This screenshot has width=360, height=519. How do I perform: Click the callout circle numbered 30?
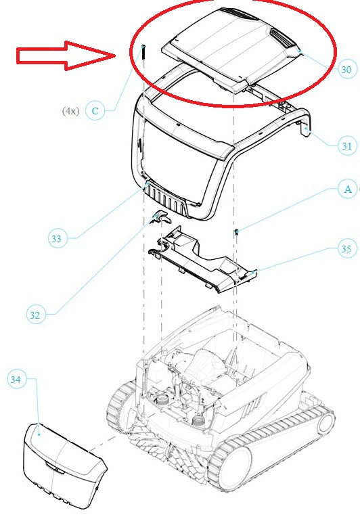point(346,70)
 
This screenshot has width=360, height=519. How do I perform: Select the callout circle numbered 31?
point(346,145)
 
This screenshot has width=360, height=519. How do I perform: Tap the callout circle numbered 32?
point(35,315)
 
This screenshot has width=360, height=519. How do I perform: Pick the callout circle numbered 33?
point(58,238)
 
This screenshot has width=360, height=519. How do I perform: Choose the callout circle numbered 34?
point(16,380)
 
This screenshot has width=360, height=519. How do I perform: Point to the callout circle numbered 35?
point(346,248)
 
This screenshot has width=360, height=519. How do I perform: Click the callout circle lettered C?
point(95,111)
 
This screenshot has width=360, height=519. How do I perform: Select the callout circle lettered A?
point(347,189)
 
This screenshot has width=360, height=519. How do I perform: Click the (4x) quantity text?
point(71,111)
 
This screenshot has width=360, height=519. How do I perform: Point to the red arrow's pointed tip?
point(115,55)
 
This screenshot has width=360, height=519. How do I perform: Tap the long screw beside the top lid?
point(143,52)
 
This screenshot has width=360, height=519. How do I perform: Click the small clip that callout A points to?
point(237,231)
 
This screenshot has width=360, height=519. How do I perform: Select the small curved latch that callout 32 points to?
point(162,217)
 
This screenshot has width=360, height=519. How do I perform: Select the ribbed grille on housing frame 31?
point(165,199)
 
